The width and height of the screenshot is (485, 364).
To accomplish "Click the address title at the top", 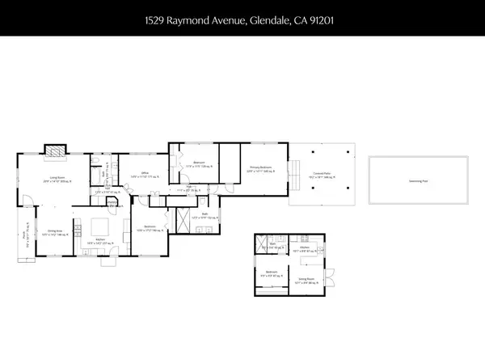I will pos(242,17).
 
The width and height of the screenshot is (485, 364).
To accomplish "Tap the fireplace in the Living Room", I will pos(54,150).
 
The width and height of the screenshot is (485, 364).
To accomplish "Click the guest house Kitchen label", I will pos(307,251).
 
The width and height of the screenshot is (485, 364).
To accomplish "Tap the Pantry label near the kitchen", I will pos(110,203).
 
